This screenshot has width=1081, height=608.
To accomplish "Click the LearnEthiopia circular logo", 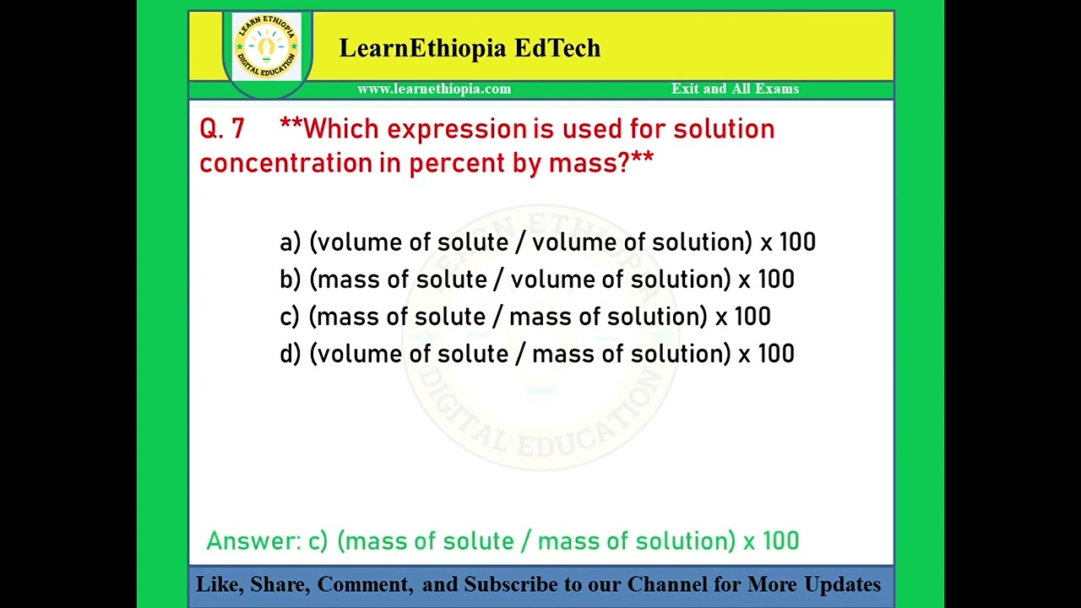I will (266, 47).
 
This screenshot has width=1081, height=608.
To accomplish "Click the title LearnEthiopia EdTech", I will (470, 48).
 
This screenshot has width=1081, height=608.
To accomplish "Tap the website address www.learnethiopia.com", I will (434, 89).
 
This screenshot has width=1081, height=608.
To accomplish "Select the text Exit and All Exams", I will (735, 89).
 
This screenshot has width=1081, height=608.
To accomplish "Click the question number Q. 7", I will (222, 129).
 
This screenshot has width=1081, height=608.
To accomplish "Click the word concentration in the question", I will (285, 162).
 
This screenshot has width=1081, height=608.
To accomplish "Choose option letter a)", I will (290, 242).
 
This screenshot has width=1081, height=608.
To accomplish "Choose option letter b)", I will (290, 280).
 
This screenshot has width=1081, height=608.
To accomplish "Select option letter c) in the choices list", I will (289, 317).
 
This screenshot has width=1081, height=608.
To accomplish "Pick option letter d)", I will (290, 354).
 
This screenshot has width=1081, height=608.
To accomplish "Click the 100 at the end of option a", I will (797, 242).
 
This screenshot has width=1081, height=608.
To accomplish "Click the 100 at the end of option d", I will (775, 354).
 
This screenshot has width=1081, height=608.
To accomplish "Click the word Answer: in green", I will (253, 541).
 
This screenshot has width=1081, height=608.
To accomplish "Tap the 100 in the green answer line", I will (780, 541).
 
